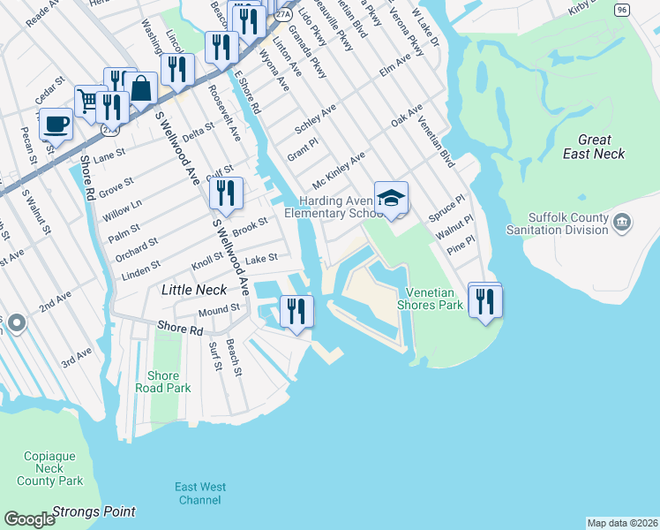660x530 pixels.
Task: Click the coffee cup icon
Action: [x=56, y=124]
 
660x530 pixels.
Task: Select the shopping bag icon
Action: [x=140, y=88]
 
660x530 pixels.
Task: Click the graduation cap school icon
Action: [x=391, y=197]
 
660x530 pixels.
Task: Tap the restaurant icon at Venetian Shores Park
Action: [x=484, y=301]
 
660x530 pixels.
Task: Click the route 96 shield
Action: [x=622, y=8]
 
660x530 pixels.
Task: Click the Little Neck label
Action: [x=193, y=290]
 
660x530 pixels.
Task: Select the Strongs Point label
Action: [x=94, y=511]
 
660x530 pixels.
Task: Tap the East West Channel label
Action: [x=199, y=494]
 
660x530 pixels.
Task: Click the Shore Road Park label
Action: [x=163, y=382]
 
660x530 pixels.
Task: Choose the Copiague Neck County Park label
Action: [x=50, y=469]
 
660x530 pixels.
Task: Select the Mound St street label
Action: [x=219, y=310]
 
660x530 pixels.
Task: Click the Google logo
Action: [x=29, y=519]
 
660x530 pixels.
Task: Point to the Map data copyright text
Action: [x=621, y=523]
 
